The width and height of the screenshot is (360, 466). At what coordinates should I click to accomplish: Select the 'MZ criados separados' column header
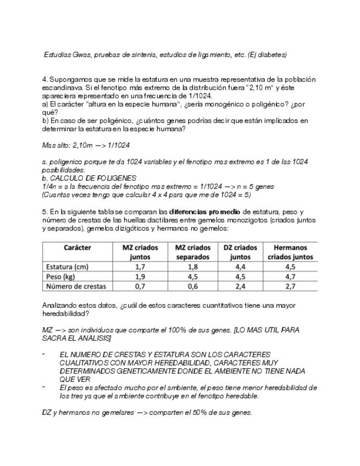[x=192, y=252]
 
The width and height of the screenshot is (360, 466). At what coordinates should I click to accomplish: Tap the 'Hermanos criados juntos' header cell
[x=290, y=252]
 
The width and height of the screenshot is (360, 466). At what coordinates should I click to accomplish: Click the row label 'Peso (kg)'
[x=60, y=276]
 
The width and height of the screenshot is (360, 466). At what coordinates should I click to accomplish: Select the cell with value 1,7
[x=140, y=267]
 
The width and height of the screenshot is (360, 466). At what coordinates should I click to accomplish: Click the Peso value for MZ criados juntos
[x=140, y=276]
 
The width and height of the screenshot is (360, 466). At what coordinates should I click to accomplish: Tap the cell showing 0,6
[x=192, y=286]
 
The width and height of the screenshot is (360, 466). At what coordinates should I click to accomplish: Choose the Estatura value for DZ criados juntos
[x=240, y=267]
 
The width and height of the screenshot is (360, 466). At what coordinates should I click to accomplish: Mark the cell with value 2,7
[x=290, y=286]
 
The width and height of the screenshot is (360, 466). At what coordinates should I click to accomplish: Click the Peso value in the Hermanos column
[x=290, y=276]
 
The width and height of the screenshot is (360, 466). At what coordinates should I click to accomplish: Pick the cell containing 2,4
[x=240, y=286]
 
